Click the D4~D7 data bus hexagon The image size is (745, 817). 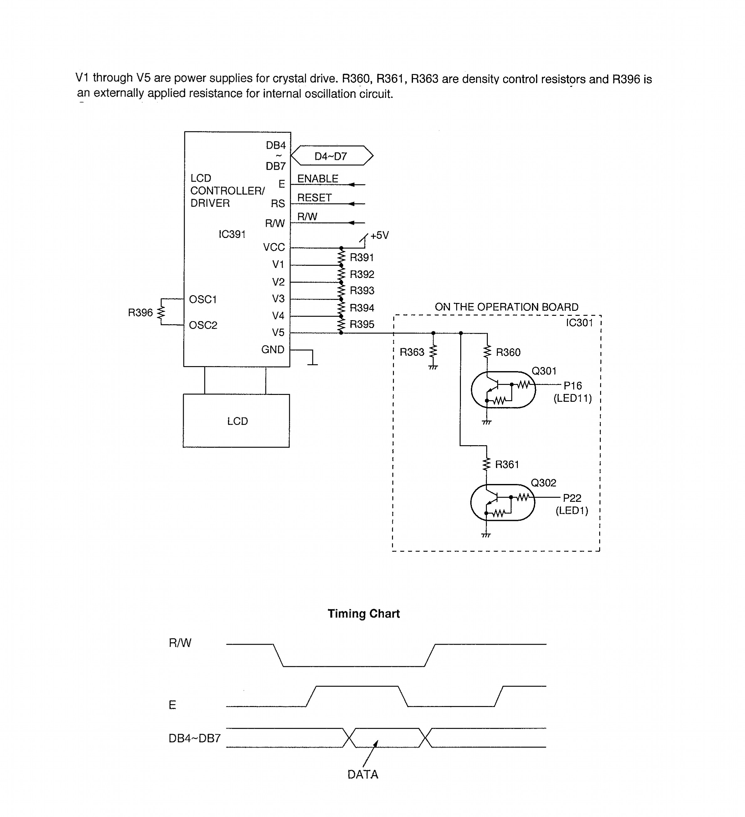pos(332,156)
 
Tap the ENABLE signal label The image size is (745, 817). pos(318,179)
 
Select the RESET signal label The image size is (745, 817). pos(314,198)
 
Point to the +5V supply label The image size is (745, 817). pos(379,235)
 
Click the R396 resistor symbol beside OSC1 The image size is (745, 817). pos(161,312)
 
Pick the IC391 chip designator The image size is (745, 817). pos(232,234)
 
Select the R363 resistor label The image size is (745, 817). pos(412,352)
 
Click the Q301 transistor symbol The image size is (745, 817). pos(503,390)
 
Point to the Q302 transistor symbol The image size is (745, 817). pos(502,502)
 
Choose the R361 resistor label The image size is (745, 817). pos(507,464)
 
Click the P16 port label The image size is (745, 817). pos(572,386)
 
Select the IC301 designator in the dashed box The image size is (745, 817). pos(579,323)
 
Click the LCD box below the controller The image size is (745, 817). pos(237,421)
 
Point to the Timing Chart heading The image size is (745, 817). pos(363,613)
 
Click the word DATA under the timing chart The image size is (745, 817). pos(363,774)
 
